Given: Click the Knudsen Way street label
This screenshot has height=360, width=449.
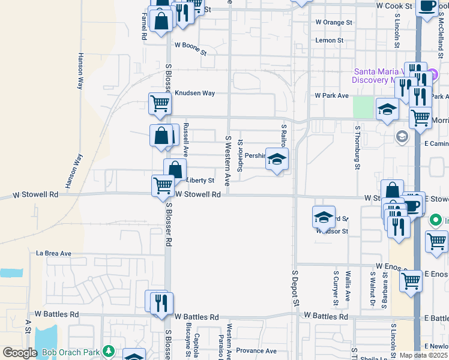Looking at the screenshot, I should click(194, 94).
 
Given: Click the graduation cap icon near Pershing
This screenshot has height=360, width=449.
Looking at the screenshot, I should click(277, 160).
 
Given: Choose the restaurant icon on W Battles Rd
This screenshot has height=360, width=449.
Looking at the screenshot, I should click(160, 302).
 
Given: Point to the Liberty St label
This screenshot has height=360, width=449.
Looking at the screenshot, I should click(200, 180).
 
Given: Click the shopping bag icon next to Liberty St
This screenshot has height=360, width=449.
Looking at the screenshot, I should click(175, 170).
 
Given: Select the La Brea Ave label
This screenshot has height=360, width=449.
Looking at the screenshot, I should click(53, 254).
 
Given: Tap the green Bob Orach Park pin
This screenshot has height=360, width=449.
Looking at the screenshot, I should click(108, 350).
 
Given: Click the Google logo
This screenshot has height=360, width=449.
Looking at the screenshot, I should click(20, 353).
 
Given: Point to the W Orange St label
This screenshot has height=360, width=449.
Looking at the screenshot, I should click(334, 23).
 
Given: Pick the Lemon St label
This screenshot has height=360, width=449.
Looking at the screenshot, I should click(330, 41).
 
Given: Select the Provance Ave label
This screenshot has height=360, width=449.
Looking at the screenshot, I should click(256, 351).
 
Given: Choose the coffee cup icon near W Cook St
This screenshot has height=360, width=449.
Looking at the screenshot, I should click(427, 6).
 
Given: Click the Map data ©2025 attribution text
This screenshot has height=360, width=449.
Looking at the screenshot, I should click(423, 355).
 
